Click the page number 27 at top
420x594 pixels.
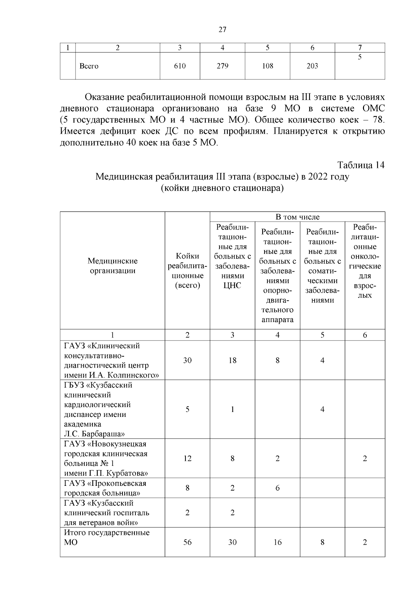click(x=222, y=29)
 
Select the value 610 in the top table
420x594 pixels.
click(x=180, y=66)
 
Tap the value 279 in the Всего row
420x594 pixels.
click(x=222, y=66)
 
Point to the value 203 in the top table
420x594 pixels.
click(x=312, y=66)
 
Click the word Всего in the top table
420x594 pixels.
click(x=89, y=66)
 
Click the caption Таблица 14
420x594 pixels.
click(x=361, y=165)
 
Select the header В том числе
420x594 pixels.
click(x=297, y=217)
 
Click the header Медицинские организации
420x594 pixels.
click(x=112, y=266)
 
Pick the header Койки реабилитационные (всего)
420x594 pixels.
click(x=187, y=271)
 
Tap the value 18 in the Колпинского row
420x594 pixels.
click(x=232, y=360)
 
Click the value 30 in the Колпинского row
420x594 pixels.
click(x=187, y=360)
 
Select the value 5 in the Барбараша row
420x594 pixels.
click(x=187, y=409)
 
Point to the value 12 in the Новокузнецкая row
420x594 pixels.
click(x=187, y=458)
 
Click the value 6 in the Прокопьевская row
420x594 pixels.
click(x=278, y=488)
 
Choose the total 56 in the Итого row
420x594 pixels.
click(x=187, y=542)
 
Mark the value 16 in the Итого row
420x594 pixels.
click(x=278, y=542)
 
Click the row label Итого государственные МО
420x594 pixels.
click(x=106, y=537)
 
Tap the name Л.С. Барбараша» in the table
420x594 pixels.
click(x=94, y=434)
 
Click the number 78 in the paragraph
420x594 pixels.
click(x=378, y=120)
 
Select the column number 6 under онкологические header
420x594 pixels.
click(x=365, y=335)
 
